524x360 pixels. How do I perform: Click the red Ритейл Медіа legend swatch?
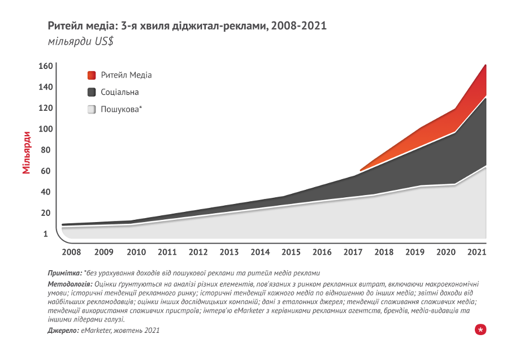pos(92,75)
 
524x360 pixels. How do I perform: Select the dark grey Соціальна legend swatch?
pos(92,92)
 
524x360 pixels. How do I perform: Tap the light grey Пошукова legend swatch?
pos(92,110)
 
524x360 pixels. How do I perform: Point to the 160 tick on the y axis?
pos(46,66)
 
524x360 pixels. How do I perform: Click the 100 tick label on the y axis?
pos(46,129)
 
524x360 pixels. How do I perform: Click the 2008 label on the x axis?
pos(71,251)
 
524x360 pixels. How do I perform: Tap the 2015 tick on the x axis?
pos(291,251)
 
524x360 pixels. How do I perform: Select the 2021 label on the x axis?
pos(477,251)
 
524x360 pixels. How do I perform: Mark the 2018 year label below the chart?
pos(384,251)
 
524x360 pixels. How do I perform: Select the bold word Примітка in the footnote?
pos(65,272)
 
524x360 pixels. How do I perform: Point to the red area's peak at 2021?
pos(486,66)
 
